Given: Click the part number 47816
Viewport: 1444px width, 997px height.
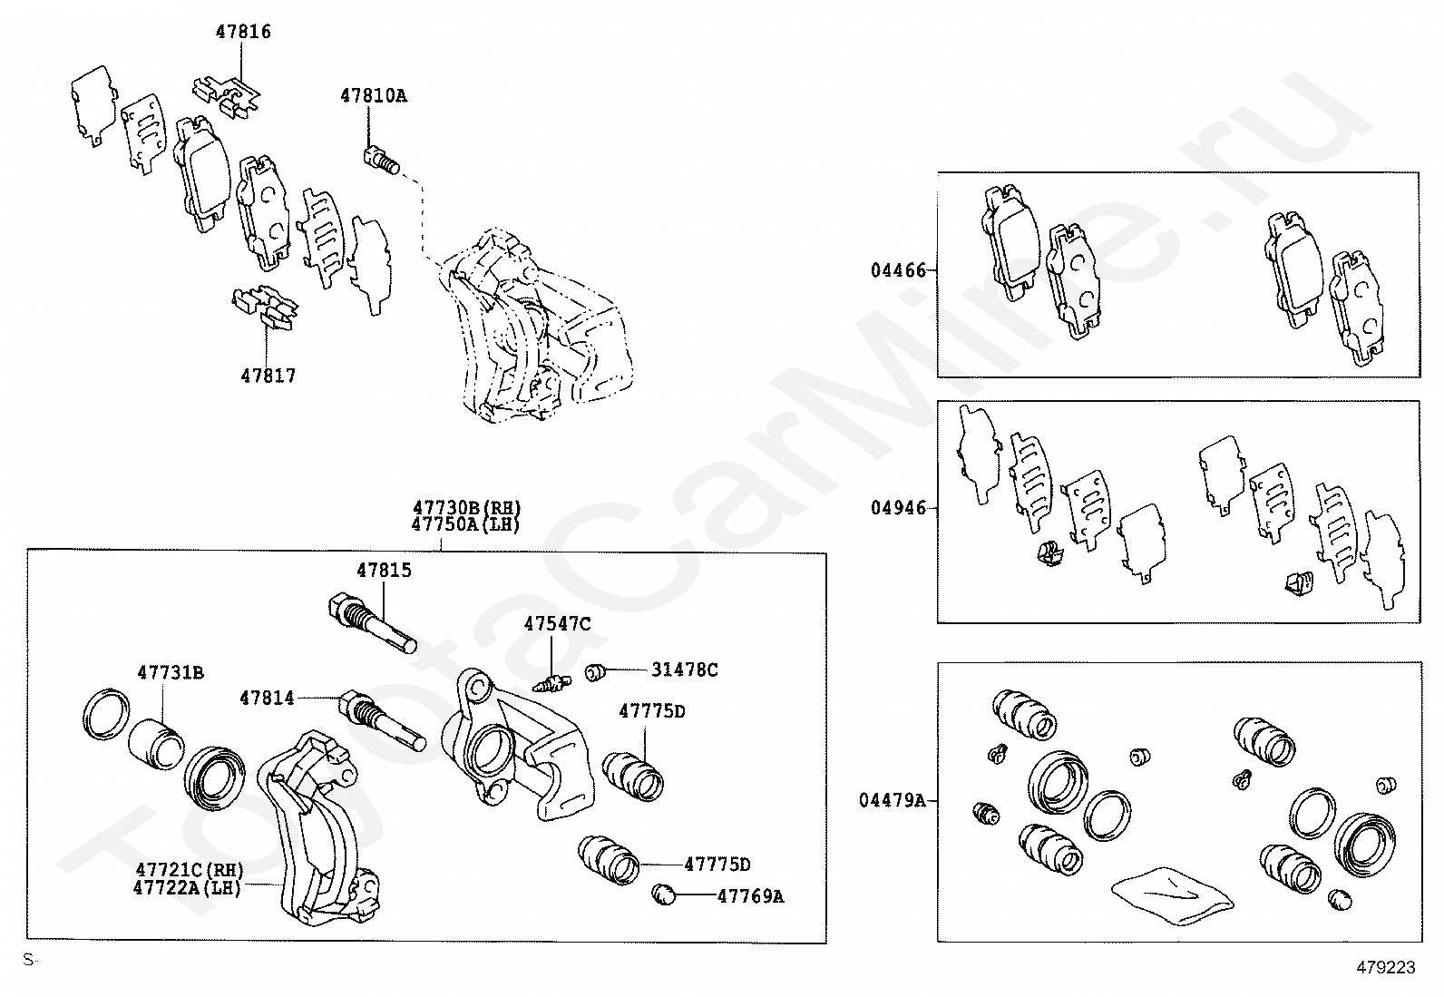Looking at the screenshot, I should (x=243, y=32).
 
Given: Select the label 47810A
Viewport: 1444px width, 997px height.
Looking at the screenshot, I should (x=374, y=95).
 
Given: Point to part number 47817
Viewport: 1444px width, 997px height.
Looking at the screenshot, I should (x=268, y=376).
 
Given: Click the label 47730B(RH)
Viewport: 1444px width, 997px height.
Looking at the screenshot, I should (x=467, y=508).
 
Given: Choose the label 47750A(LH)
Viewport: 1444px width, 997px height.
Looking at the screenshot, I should (x=465, y=524).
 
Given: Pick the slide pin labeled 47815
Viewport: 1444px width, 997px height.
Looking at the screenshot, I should (x=370, y=622).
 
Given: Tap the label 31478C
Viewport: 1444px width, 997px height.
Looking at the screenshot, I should (x=685, y=670).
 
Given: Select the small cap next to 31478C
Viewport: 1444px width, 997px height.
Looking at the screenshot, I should (x=595, y=672).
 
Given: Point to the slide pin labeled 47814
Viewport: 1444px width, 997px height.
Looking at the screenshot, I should (x=381, y=720).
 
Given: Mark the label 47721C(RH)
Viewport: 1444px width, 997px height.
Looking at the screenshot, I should (x=190, y=870).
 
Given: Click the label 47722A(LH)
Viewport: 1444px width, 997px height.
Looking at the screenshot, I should (x=188, y=887).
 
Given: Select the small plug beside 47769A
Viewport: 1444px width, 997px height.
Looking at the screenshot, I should (x=665, y=895).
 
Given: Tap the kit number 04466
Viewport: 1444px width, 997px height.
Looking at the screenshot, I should (x=899, y=270).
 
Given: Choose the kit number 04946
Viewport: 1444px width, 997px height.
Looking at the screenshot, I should (x=899, y=508).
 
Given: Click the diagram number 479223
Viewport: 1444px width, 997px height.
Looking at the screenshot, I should (x=1385, y=968).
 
